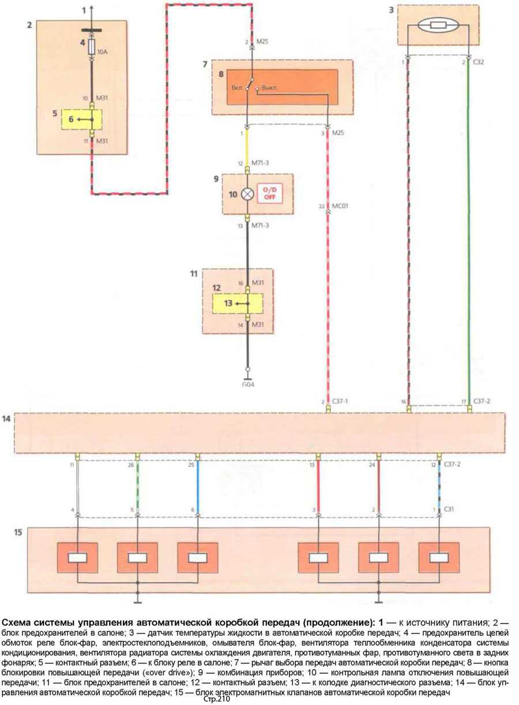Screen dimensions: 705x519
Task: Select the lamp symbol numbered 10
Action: [247, 194]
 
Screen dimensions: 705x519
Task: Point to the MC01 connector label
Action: [341, 205]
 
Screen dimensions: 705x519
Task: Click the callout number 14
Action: [6, 419]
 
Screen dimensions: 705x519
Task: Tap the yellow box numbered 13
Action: [236, 302]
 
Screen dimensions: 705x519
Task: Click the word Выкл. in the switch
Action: [270, 88]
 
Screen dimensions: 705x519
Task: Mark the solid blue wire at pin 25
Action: [198, 485]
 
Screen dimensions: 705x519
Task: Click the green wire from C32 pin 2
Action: [468, 231]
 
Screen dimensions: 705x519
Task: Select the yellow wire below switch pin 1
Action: [247, 147]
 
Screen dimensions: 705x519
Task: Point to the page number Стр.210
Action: [216, 699]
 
